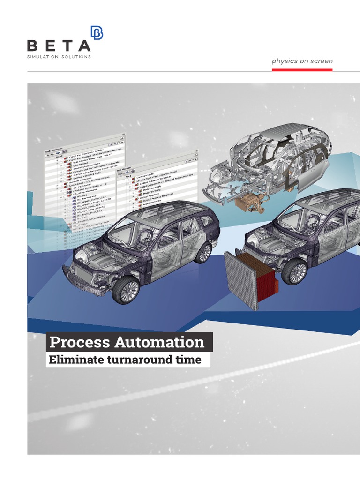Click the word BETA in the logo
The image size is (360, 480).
(59, 45)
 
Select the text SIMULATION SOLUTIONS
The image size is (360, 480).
(59, 57)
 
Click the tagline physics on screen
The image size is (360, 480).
(302, 61)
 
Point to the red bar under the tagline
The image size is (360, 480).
(302, 69)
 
